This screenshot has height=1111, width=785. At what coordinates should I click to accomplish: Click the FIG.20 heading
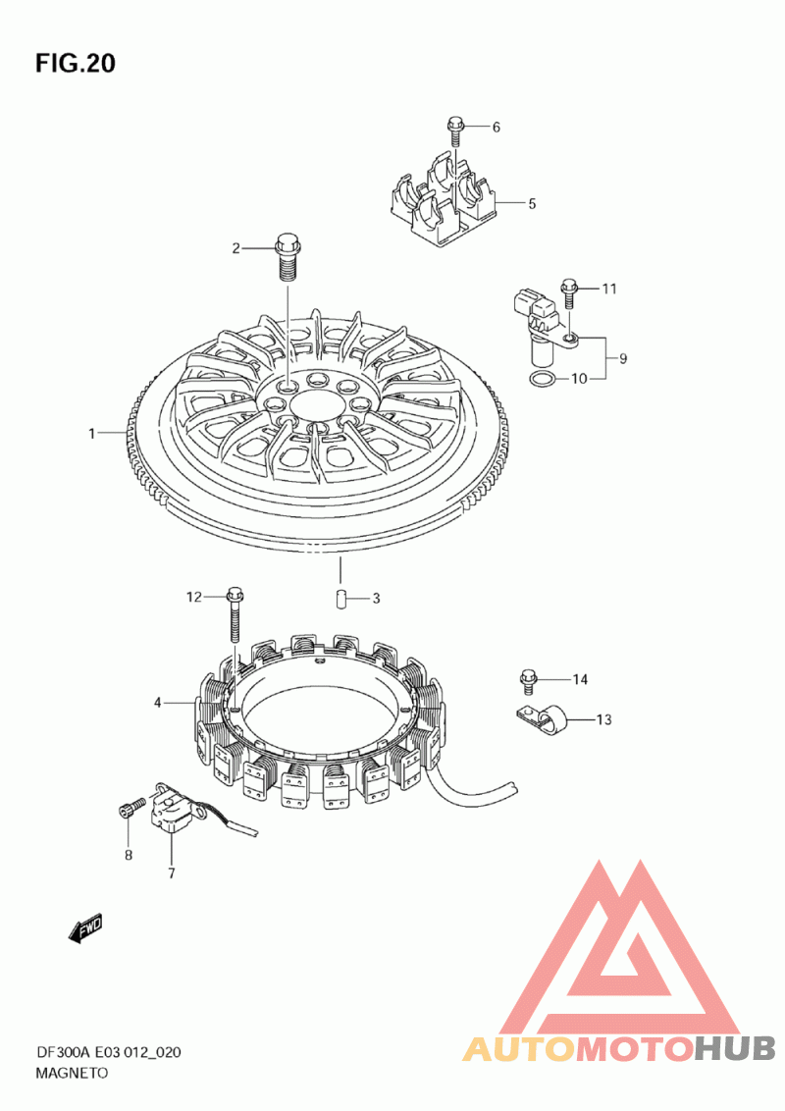point(76,63)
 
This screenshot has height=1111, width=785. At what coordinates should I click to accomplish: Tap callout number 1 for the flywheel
point(91,433)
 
